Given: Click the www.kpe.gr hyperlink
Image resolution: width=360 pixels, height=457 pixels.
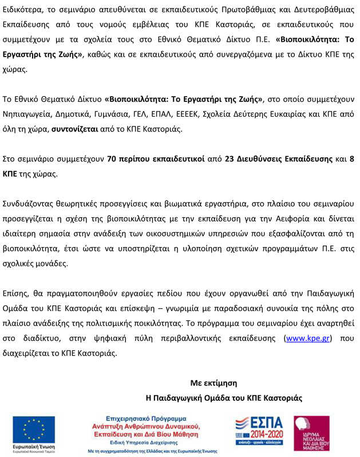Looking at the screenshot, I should coord(308,338).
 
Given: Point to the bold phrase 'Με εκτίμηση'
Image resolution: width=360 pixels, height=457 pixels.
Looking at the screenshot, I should coord(213,383).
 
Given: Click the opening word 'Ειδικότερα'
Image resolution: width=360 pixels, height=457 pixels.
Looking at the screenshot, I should coord(26,10).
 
